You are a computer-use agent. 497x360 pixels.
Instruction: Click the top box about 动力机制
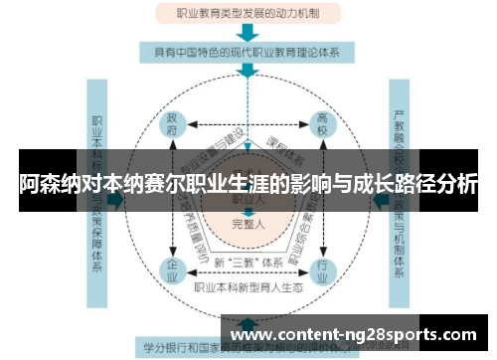[x=248, y=15]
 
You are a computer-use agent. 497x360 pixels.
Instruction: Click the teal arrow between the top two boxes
[x=248, y=32]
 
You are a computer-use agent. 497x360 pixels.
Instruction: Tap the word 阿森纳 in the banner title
[x=46, y=185]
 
